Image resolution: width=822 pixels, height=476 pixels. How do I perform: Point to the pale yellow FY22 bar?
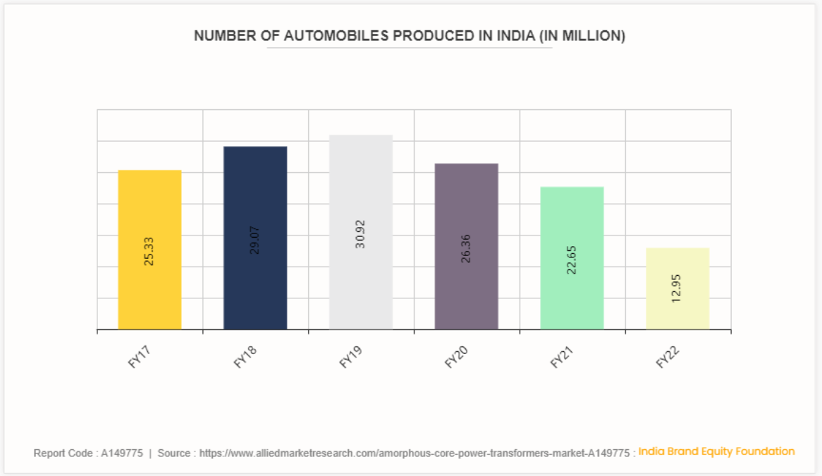coord(677,268)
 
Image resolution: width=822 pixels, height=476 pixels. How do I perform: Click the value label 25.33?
coord(149,250)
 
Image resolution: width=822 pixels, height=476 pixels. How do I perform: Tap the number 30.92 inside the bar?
coord(360,236)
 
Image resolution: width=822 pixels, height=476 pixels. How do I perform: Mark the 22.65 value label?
coord(572,259)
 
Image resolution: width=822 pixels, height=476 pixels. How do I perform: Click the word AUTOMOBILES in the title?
coord(336,36)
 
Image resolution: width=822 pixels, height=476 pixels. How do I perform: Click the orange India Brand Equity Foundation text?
coord(716,451)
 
